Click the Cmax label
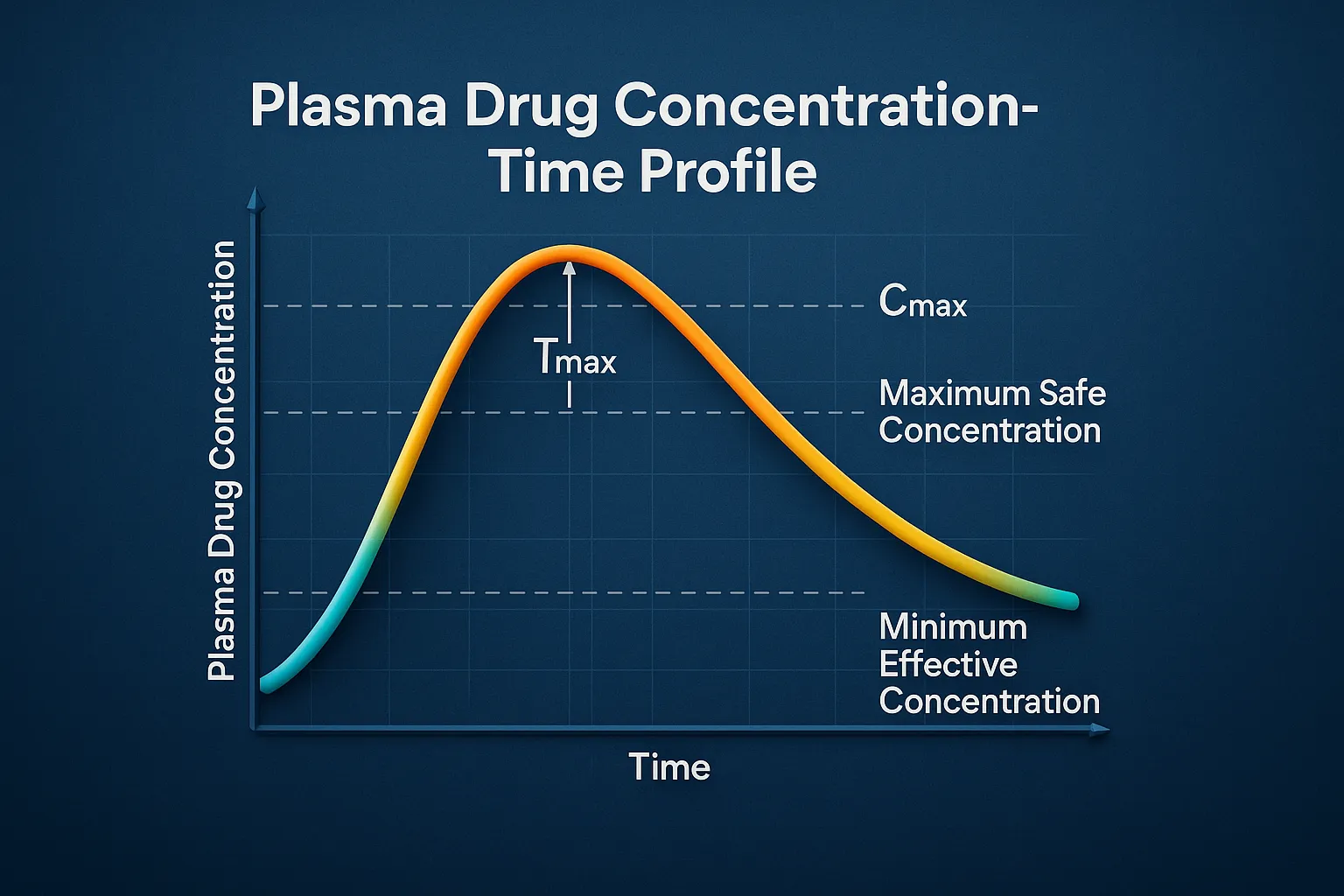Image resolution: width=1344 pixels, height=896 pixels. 922,303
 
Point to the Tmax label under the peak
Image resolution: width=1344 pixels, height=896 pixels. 575,359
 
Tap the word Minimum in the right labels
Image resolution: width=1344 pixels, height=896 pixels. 953,627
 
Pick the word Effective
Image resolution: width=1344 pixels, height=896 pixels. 948,665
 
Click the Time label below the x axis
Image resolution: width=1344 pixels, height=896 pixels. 669,767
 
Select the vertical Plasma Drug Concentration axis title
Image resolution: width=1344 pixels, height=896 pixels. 221,460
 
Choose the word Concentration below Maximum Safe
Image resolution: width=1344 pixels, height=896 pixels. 990,430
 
